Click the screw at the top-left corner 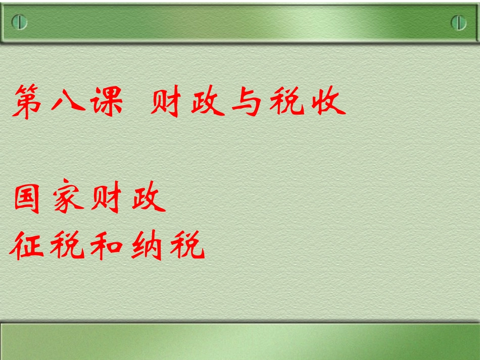(x=19, y=23)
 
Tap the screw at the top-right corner (x=458, y=23)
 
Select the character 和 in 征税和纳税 (x=107, y=246)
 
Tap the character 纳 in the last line (x=147, y=245)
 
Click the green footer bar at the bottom (x=240, y=341)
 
